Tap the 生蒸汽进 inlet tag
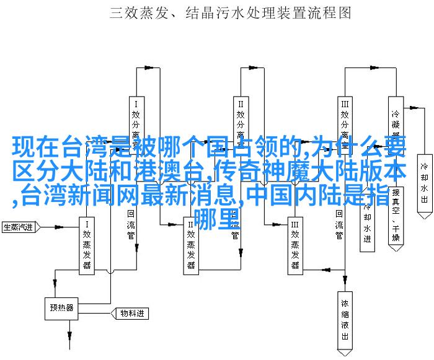(19, 210)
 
